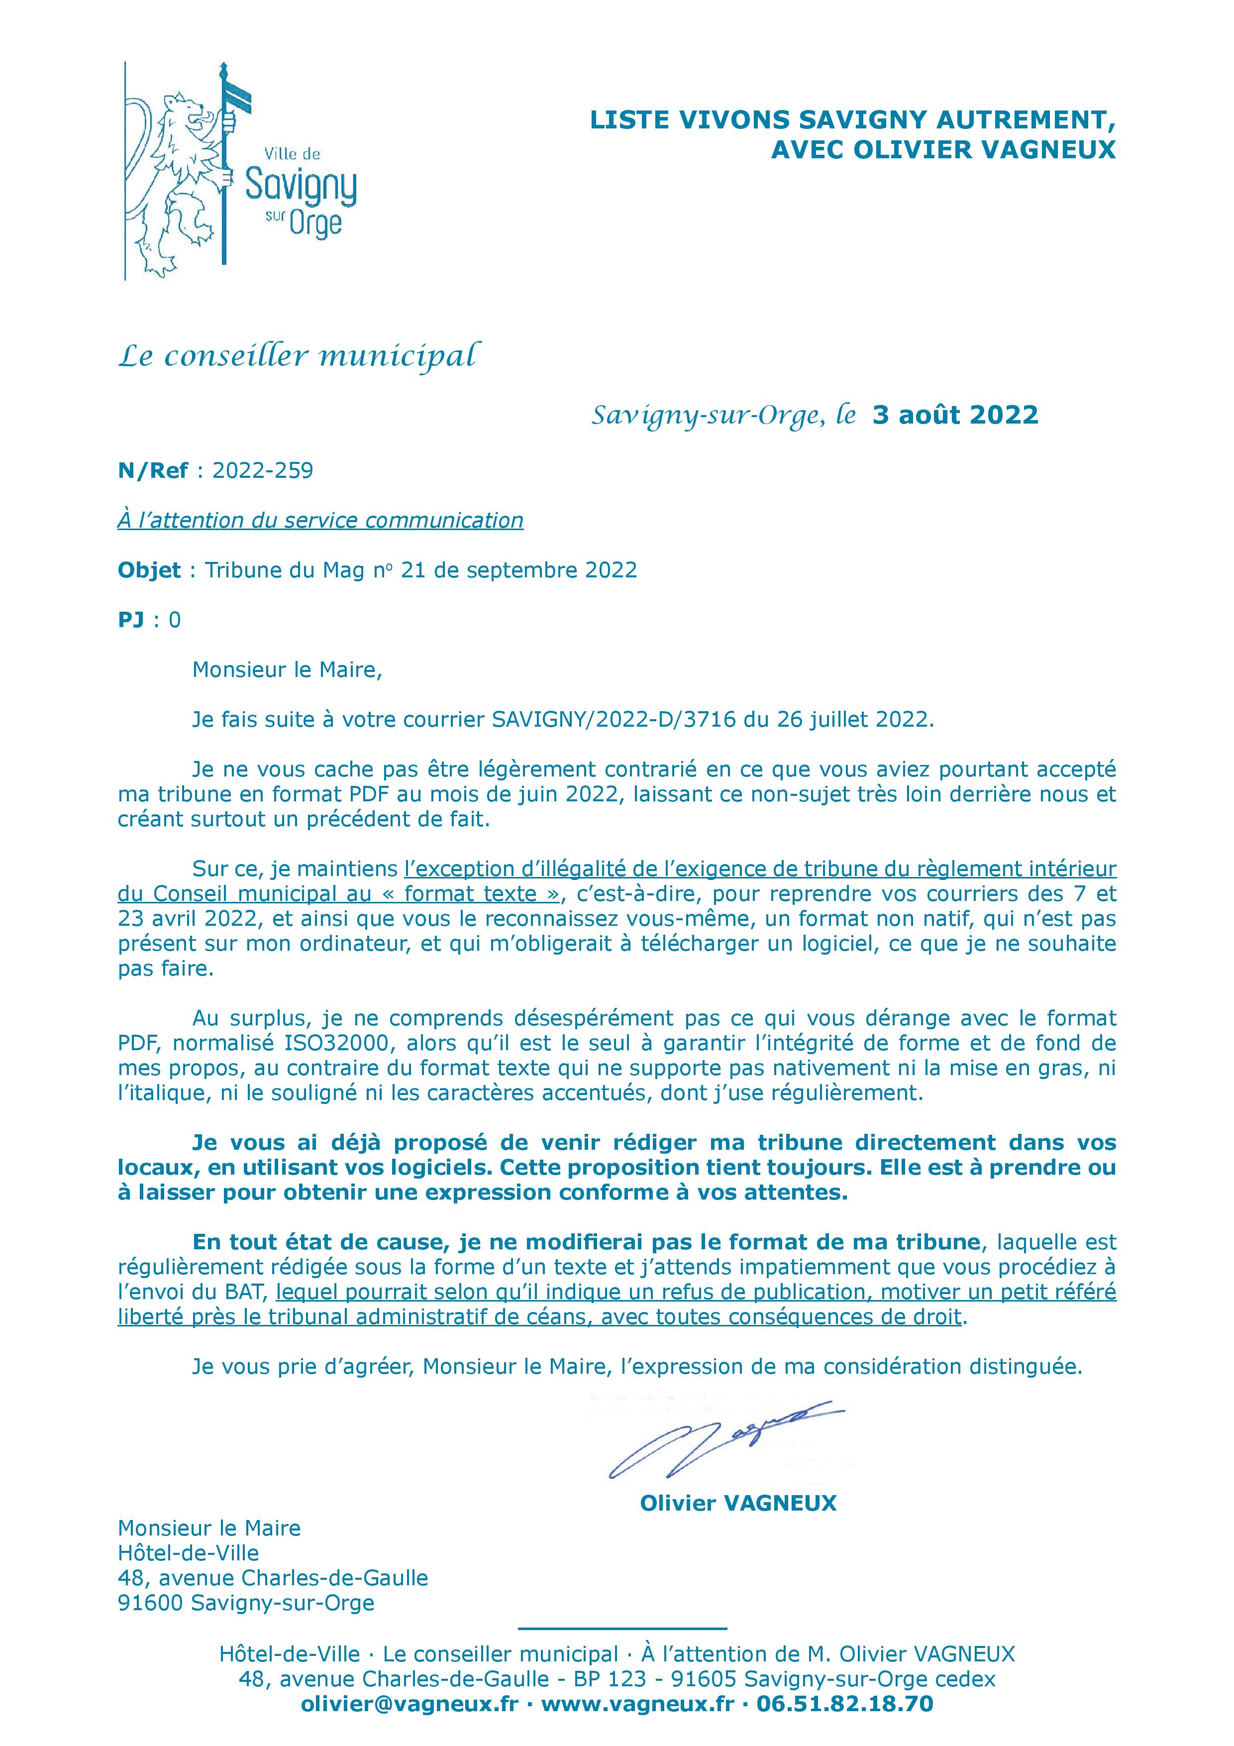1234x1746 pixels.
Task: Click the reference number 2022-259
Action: tap(262, 471)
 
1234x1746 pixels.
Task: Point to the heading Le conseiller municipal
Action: tap(298, 356)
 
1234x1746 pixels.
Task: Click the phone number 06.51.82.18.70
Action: tap(845, 1704)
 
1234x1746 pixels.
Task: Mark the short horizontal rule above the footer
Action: tap(622, 1628)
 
